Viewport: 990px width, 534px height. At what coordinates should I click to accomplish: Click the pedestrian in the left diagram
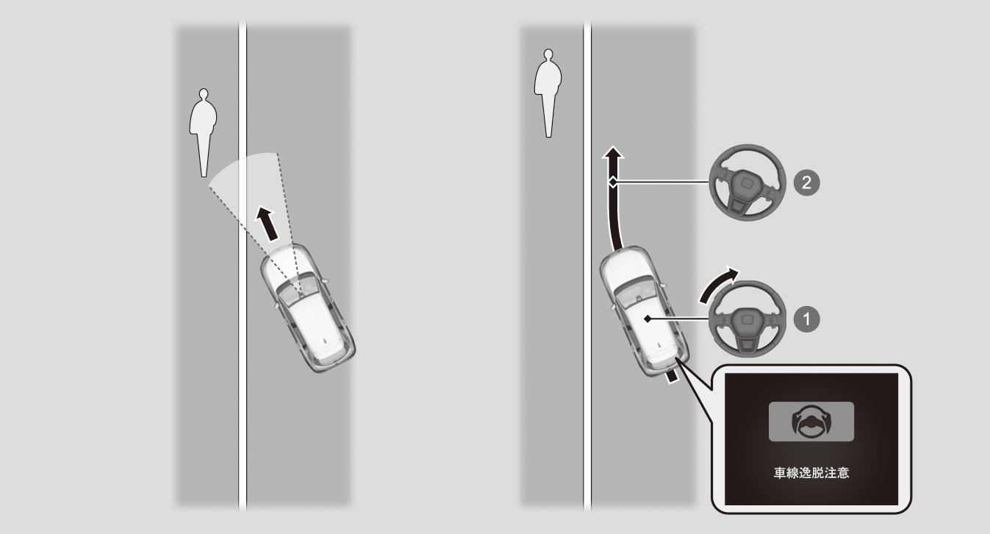(x=203, y=132)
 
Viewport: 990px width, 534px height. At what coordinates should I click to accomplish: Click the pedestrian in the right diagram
(x=548, y=93)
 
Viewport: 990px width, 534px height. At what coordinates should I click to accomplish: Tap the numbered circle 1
(x=806, y=319)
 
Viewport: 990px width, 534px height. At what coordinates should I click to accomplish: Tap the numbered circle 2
(x=806, y=182)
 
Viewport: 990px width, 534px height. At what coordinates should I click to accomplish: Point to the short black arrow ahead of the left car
(x=268, y=224)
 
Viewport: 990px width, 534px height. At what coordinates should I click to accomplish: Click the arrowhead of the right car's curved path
(x=612, y=153)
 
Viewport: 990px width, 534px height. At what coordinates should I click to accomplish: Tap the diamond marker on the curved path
(x=613, y=182)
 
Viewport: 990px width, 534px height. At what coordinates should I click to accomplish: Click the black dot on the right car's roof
(x=648, y=318)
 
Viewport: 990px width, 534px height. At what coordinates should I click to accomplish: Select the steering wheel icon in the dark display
(x=811, y=422)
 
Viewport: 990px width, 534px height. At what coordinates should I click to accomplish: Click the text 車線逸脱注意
(x=811, y=473)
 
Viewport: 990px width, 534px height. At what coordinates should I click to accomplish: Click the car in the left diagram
(x=308, y=308)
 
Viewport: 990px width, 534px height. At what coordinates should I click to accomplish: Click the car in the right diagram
(x=644, y=311)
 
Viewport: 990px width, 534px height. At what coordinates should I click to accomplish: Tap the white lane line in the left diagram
(x=243, y=266)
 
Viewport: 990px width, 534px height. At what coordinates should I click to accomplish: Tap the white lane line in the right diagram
(x=587, y=266)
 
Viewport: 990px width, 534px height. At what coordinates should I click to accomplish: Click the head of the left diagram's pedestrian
(x=204, y=94)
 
